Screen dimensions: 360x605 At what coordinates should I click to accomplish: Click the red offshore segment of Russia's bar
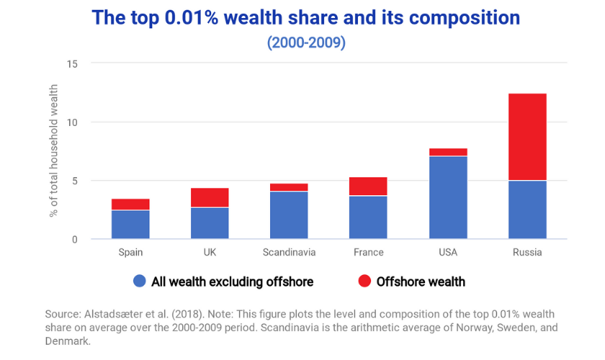pyautogui.click(x=527, y=137)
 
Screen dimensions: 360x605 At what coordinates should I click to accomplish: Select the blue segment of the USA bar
pyautogui.click(x=448, y=197)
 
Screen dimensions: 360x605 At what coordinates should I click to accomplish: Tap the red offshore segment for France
pyautogui.click(x=368, y=186)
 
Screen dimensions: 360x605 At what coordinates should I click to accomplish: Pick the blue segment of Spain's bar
pyautogui.click(x=130, y=224)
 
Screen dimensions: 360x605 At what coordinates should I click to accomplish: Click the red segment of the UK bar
pyautogui.click(x=210, y=198)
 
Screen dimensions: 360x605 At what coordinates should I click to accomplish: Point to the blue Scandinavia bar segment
pyautogui.click(x=289, y=215)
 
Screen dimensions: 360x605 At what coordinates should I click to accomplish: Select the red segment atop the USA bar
pyautogui.click(x=448, y=152)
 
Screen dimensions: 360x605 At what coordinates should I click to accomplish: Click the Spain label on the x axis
pyautogui.click(x=130, y=253)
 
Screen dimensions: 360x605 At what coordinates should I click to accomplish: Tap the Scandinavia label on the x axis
pyautogui.click(x=289, y=253)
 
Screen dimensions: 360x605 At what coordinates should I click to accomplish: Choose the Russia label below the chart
pyautogui.click(x=527, y=253)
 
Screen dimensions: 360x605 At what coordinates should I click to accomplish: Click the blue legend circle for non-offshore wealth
pyautogui.click(x=140, y=282)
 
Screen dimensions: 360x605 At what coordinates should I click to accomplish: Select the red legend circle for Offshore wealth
pyautogui.click(x=365, y=282)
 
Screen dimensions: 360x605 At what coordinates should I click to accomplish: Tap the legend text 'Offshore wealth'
pyautogui.click(x=421, y=282)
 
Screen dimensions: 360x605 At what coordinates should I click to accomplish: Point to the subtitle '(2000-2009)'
pyautogui.click(x=306, y=42)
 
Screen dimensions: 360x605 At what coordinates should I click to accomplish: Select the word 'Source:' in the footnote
pyautogui.click(x=63, y=315)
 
